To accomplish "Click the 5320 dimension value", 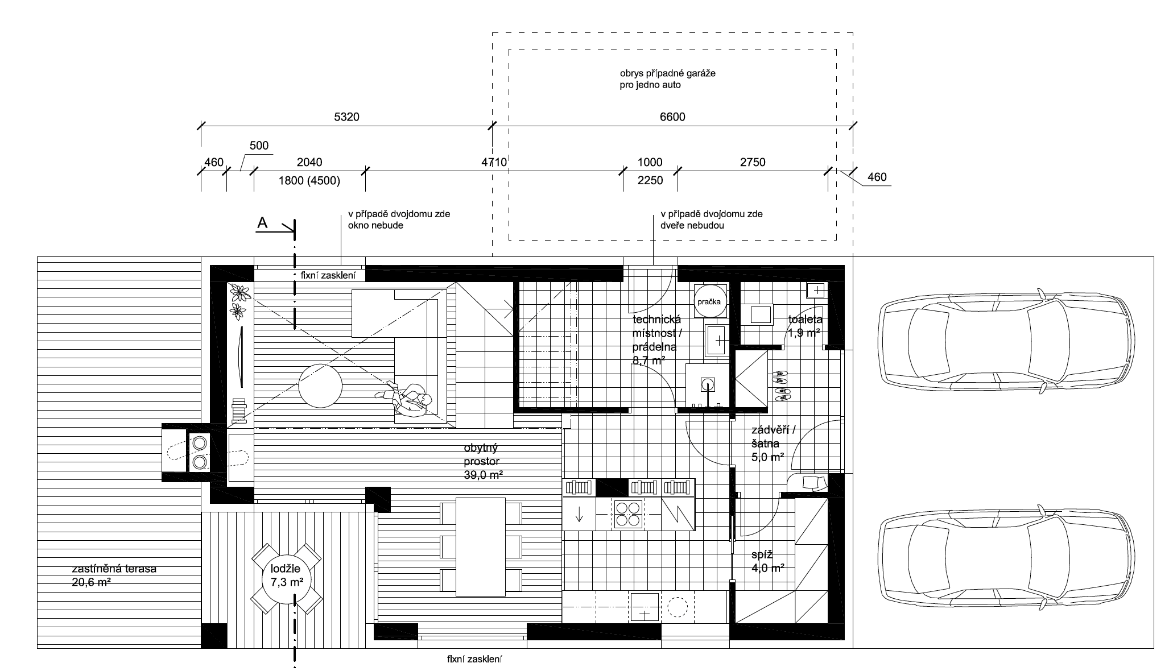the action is pos(346,117).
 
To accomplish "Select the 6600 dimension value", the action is pos(672,117).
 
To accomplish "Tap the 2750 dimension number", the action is pos(753,163).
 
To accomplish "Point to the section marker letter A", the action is pos(262,223).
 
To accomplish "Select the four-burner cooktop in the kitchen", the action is pos(628,513).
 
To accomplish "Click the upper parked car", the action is pos(1006,341).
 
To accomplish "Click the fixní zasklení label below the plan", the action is pos(475,660).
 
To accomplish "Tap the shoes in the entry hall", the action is pos(781,386).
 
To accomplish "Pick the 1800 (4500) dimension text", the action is pos(309,181).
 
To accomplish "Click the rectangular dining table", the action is pos(481,546).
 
